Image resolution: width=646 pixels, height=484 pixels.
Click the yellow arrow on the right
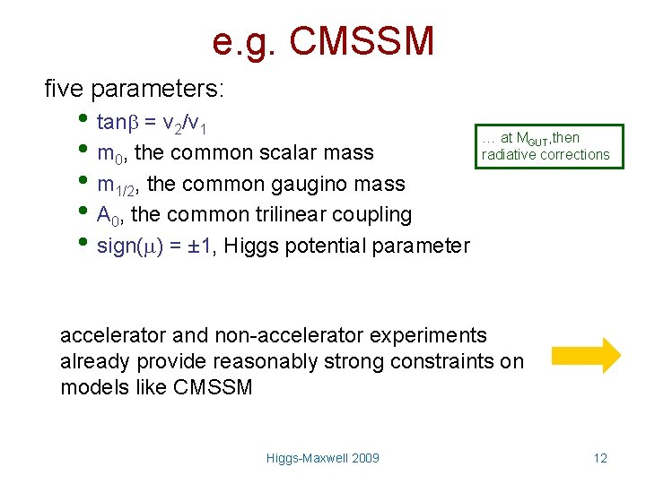pyautogui.click(x=586, y=355)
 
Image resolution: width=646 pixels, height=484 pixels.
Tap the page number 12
pyautogui.click(x=600, y=458)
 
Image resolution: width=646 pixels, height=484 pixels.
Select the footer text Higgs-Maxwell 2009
pyautogui.click(x=323, y=458)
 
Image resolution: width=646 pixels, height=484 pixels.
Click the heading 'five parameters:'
pyautogui.click(x=135, y=89)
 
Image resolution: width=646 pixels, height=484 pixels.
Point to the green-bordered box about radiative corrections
pyautogui.click(x=545, y=146)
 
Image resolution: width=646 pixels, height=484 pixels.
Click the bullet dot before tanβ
pyautogui.click(x=83, y=120)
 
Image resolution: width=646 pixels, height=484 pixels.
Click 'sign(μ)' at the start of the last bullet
pyautogui.click(x=130, y=245)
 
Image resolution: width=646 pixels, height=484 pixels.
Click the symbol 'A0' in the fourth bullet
pyautogui.click(x=108, y=215)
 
